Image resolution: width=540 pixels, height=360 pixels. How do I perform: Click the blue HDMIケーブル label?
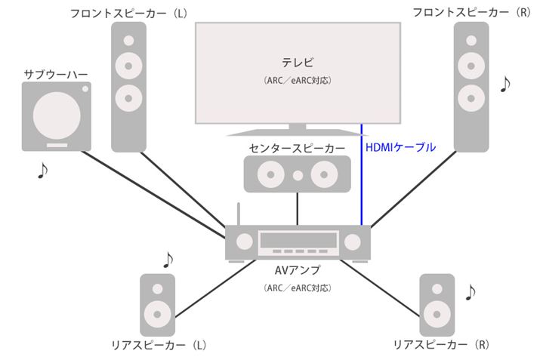(x=400, y=148)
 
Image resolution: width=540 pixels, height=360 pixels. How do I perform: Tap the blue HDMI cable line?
(x=361, y=181)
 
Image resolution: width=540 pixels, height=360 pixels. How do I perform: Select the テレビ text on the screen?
(x=296, y=61)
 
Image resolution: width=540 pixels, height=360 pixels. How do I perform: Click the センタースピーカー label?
(x=297, y=148)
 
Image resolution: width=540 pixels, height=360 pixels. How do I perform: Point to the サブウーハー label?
(x=55, y=74)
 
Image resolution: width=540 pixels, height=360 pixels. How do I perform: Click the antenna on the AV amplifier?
(x=239, y=214)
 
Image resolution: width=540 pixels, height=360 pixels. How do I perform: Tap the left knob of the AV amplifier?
(x=245, y=242)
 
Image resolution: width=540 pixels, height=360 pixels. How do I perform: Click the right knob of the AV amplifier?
(x=353, y=242)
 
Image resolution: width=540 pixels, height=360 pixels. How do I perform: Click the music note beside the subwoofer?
(x=43, y=171)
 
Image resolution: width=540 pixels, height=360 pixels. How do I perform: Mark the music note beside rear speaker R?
(x=471, y=291)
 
